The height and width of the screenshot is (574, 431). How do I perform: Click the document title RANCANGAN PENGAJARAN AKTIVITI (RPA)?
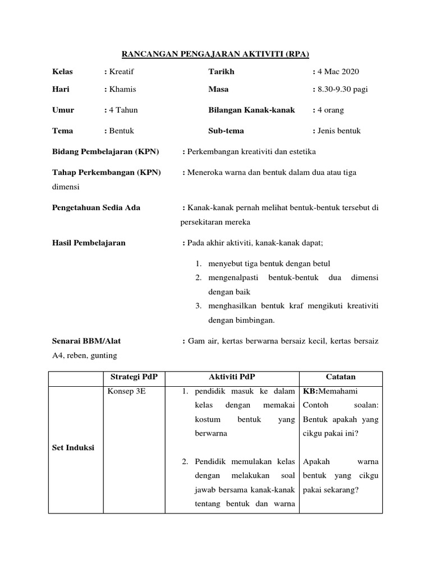click(215, 54)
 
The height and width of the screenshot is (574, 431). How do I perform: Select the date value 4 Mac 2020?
click(338, 72)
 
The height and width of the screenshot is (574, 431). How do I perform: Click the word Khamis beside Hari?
click(122, 90)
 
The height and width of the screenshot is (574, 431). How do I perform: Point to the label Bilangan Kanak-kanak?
click(251, 110)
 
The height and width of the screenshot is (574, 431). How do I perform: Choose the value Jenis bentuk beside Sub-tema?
click(339, 131)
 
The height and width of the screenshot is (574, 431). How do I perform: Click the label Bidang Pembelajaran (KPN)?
click(106, 152)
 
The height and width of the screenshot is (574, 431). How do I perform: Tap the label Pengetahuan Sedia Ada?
click(96, 208)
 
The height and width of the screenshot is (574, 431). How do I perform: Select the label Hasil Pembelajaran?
click(89, 243)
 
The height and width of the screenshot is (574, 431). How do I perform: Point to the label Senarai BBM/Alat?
click(86, 341)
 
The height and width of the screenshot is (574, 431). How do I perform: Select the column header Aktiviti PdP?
click(232, 377)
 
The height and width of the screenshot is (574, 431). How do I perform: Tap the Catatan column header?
click(341, 377)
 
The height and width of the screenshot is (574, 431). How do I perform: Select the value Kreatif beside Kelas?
click(121, 72)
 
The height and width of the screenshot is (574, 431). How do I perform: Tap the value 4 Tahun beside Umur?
click(123, 110)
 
